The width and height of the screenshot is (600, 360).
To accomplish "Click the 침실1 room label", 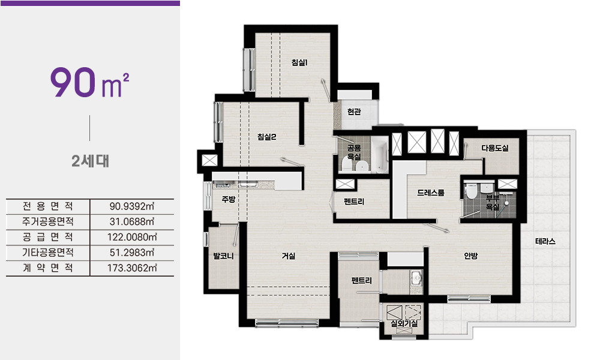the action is [299, 62].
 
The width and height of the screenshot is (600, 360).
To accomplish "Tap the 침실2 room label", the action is [267, 137].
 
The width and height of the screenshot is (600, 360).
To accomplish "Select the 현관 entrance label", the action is [354, 112].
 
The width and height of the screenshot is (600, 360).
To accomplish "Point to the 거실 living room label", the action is [289, 256].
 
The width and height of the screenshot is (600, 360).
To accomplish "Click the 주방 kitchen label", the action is [229, 199].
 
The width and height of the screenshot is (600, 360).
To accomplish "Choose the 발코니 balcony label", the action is [223, 256].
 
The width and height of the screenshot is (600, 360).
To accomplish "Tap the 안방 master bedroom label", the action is [470, 256].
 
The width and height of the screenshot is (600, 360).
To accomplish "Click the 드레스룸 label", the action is [431, 193].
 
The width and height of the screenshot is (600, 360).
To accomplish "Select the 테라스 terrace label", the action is [545, 241].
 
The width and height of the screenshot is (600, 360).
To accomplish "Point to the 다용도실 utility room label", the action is [495, 148].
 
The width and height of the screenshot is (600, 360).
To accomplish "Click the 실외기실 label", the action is [404, 323].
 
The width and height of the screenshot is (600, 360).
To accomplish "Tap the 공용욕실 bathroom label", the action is [354, 152].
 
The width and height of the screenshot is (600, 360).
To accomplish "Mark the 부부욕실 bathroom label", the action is [493, 202].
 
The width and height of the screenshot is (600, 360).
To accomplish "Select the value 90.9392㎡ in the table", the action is [132, 206].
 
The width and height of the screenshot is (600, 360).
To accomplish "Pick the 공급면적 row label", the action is [48, 237].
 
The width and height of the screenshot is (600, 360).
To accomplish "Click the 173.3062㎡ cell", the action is [132, 268].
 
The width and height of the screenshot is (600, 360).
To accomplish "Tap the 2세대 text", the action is [90, 161].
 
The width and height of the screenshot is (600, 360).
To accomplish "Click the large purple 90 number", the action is [73, 82].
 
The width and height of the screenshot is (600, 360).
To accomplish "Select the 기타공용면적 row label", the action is [48, 253].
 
